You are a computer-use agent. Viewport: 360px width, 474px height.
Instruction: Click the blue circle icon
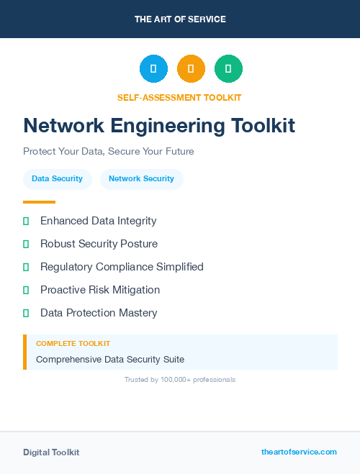pyautogui.click(x=153, y=69)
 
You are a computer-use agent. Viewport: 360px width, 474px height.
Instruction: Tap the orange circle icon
pyautogui.click(x=191, y=69)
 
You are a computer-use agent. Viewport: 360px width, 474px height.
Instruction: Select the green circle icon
pyautogui.click(x=228, y=69)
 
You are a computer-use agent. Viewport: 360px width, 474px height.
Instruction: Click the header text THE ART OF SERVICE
pyautogui.click(x=180, y=19)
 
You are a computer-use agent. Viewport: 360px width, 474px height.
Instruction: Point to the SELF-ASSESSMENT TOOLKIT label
pyautogui.click(x=179, y=97)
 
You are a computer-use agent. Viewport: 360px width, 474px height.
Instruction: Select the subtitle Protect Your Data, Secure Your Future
pyautogui.click(x=109, y=152)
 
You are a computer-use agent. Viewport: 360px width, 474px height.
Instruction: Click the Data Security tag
pyautogui.click(x=57, y=178)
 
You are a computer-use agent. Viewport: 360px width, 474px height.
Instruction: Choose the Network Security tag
pyautogui.click(x=141, y=178)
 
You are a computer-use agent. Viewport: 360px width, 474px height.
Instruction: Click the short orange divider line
pyautogui.click(x=39, y=202)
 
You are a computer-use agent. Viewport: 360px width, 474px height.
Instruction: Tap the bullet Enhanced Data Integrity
pyautogui.click(x=98, y=221)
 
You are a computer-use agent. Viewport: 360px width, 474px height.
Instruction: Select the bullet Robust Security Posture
pyautogui.click(x=99, y=244)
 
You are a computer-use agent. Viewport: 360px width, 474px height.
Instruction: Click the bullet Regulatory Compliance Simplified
pyautogui.click(x=122, y=267)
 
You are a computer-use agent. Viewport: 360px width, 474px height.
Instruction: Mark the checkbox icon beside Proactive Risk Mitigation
pyautogui.click(x=26, y=290)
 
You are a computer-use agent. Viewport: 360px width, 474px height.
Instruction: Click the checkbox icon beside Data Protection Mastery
pyautogui.click(x=26, y=313)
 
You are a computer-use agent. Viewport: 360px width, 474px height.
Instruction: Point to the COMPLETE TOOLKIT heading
pyautogui.click(x=73, y=344)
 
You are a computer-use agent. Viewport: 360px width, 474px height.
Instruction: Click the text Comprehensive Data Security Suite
pyautogui.click(x=110, y=359)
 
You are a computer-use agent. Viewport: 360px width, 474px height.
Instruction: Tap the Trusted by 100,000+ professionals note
pyautogui.click(x=180, y=379)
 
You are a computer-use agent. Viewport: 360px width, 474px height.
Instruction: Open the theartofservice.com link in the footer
pyautogui.click(x=299, y=452)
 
